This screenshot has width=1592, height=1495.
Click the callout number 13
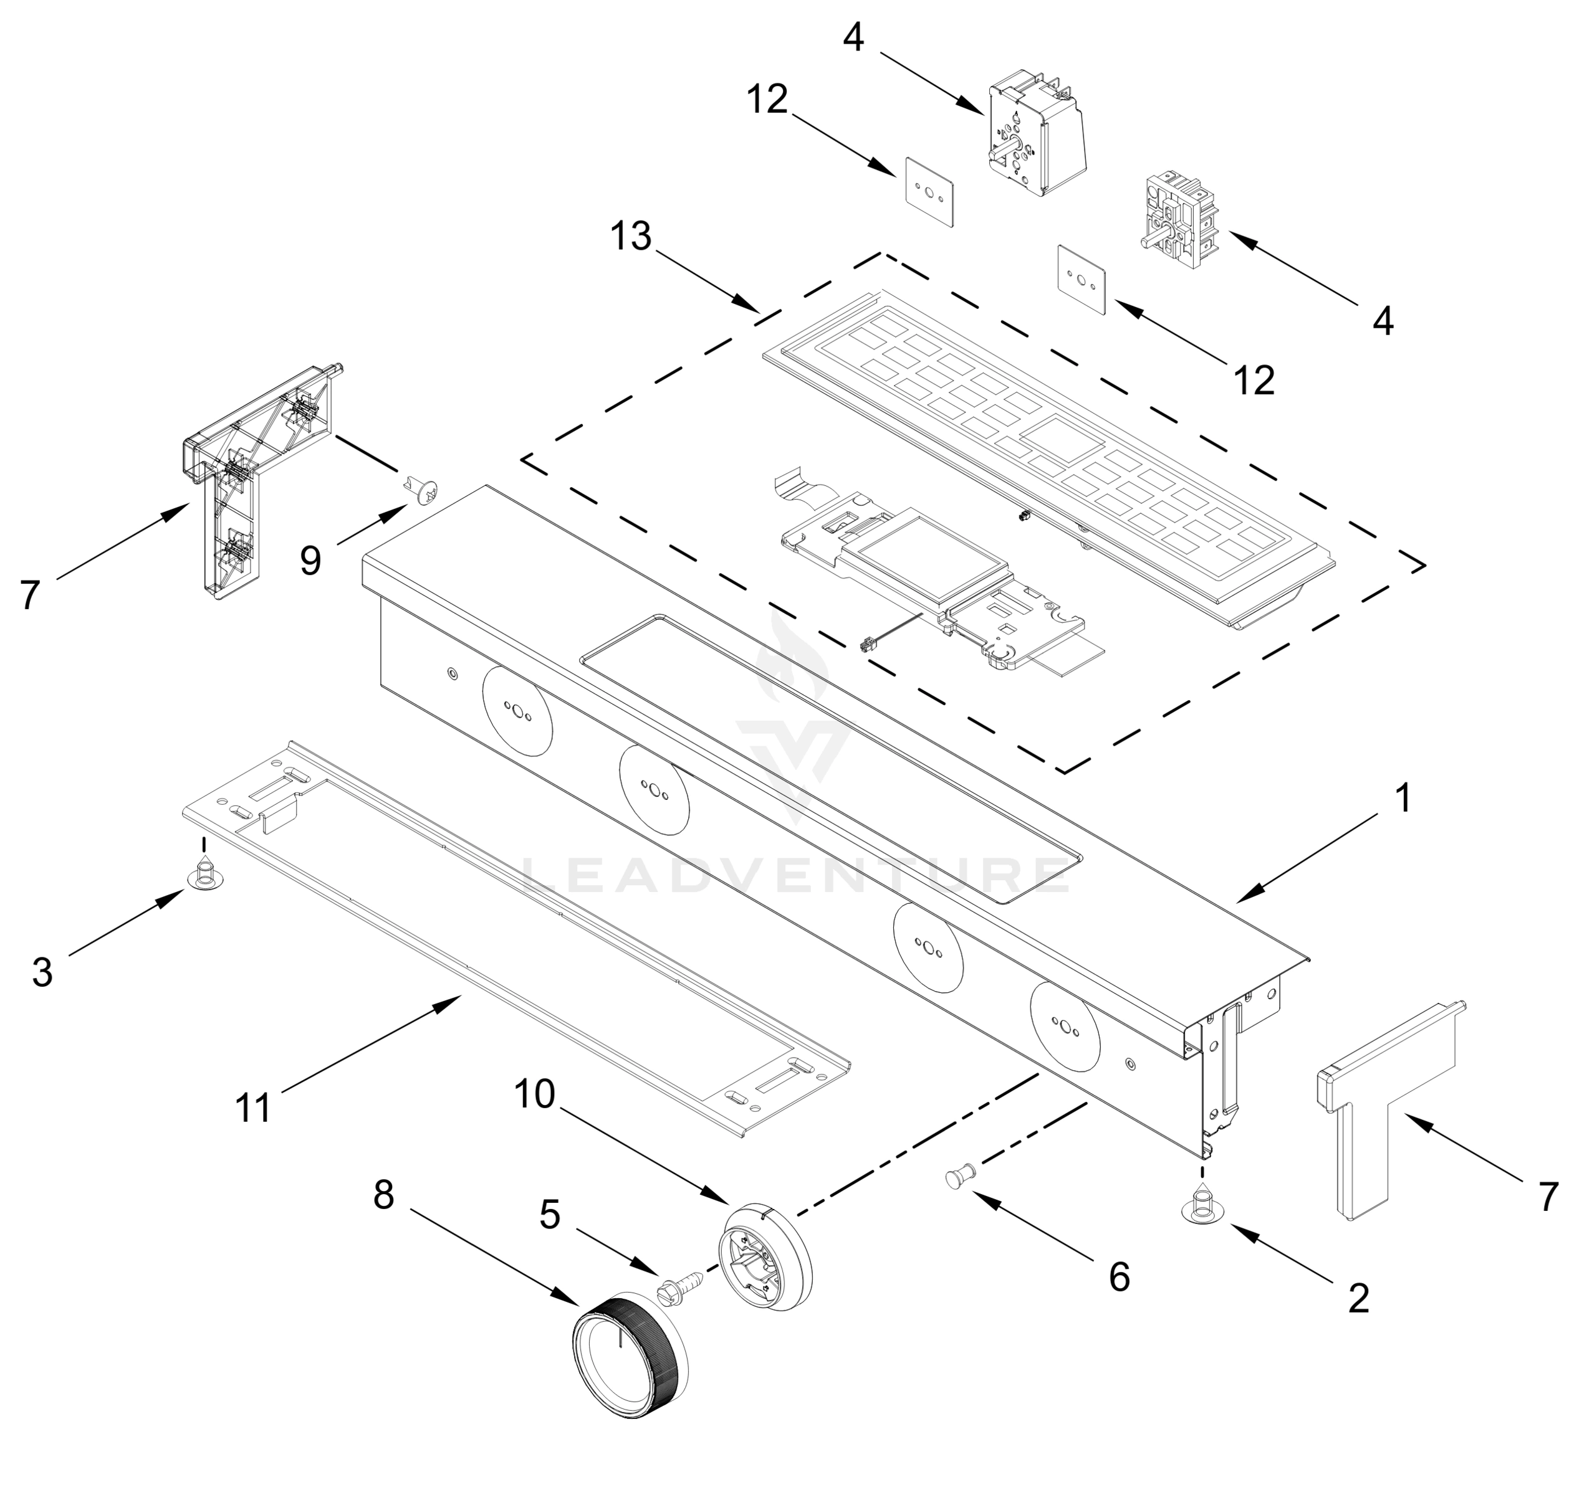pyautogui.click(x=631, y=237)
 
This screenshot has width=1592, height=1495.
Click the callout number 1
pyautogui.click(x=1403, y=798)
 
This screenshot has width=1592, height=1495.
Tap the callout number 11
pyautogui.click(x=254, y=1108)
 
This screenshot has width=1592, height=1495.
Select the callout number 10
pyautogui.click(x=534, y=1093)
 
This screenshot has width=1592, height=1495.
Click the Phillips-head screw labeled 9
pyautogui.click(x=423, y=490)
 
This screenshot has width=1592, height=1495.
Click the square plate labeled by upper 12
pyautogui.click(x=929, y=192)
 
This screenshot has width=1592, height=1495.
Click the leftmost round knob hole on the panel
pyautogui.click(x=517, y=711)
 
